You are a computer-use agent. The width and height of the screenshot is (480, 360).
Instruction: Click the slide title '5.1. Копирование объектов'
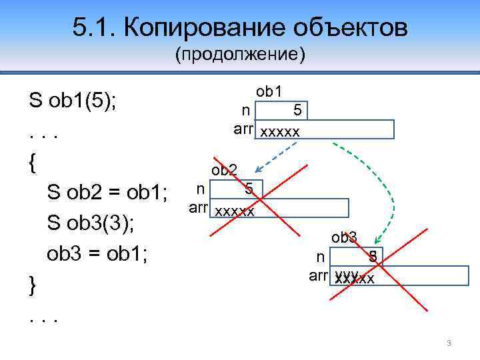239,28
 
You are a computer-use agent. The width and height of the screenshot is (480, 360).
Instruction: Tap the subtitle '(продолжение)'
240,54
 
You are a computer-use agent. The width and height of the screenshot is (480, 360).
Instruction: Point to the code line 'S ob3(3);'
91,223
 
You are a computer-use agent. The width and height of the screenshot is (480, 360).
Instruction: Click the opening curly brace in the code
33,163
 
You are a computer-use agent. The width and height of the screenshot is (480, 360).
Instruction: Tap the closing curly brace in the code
33,285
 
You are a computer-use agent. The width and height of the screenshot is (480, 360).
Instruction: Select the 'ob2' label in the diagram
225,170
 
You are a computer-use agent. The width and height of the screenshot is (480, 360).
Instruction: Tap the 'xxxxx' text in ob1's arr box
280,131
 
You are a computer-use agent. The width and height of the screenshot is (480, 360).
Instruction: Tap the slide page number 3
449,343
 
